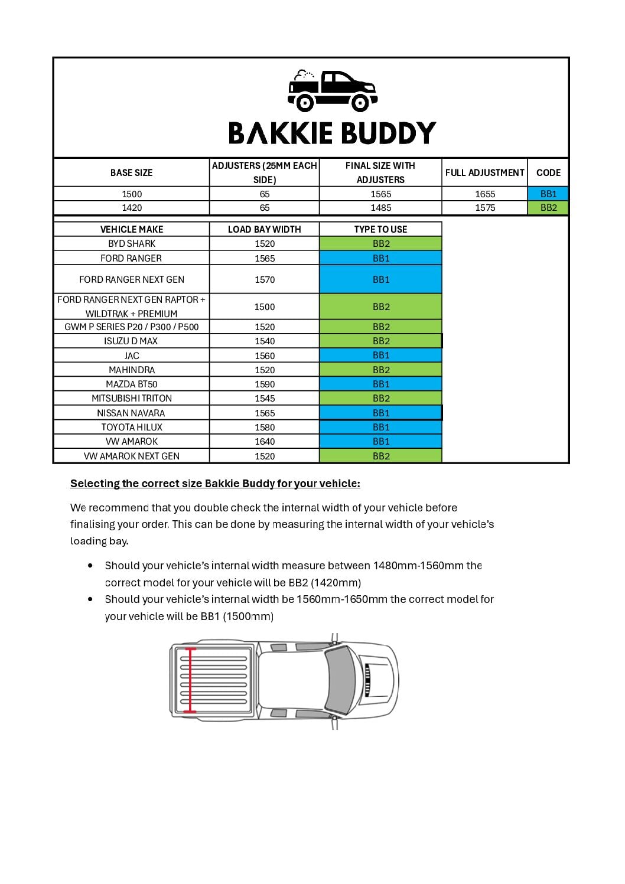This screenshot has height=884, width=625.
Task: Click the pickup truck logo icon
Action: point(333,91)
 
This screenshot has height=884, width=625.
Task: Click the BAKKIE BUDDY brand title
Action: point(332,133)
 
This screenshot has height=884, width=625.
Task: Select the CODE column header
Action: point(548,172)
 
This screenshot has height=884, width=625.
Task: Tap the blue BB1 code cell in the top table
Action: point(548,194)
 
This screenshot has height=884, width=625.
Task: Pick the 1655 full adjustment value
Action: point(485,194)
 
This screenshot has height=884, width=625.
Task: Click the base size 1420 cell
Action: point(132,208)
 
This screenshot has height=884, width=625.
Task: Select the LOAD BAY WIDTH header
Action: point(265,229)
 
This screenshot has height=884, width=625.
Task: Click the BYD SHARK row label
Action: point(132,243)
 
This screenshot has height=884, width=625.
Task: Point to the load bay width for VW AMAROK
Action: point(265,441)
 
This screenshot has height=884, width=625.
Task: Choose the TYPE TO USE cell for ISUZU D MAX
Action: point(381,341)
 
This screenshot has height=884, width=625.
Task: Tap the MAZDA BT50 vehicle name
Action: point(132,384)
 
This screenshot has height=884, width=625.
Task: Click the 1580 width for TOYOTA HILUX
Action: point(265,427)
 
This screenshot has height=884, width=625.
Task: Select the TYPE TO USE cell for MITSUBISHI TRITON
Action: point(381,398)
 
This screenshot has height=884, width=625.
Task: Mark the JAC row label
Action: point(132,355)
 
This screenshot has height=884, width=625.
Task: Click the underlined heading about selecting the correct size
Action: point(215,484)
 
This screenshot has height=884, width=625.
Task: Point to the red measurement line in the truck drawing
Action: point(190,680)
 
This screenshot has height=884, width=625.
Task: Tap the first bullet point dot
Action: point(90,565)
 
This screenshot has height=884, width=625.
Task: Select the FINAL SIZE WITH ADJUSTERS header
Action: point(380,172)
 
